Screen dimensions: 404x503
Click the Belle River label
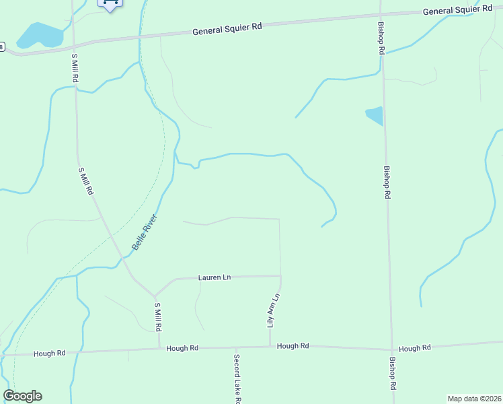point(144,232)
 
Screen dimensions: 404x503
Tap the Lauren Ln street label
point(214,277)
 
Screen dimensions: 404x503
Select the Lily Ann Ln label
point(273,310)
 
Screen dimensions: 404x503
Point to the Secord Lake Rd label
point(237,378)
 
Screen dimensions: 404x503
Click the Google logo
point(22,396)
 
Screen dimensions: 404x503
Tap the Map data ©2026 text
point(475,399)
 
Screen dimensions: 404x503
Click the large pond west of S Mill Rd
point(39,35)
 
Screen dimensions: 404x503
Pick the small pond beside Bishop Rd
point(375,115)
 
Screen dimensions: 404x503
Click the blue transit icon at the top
point(110,4)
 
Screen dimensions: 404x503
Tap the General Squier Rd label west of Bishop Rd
point(227,29)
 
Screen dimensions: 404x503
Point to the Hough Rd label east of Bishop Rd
point(414,348)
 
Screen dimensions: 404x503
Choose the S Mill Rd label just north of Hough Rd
point(158,316)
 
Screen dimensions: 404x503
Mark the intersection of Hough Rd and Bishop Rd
point(391,349)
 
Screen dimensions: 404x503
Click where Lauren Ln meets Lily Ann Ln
point(280,275)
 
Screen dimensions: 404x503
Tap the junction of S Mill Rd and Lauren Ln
point(155,295)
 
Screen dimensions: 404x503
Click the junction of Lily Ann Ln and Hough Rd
point(270,347)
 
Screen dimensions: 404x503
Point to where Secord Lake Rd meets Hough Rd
point(235,348)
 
